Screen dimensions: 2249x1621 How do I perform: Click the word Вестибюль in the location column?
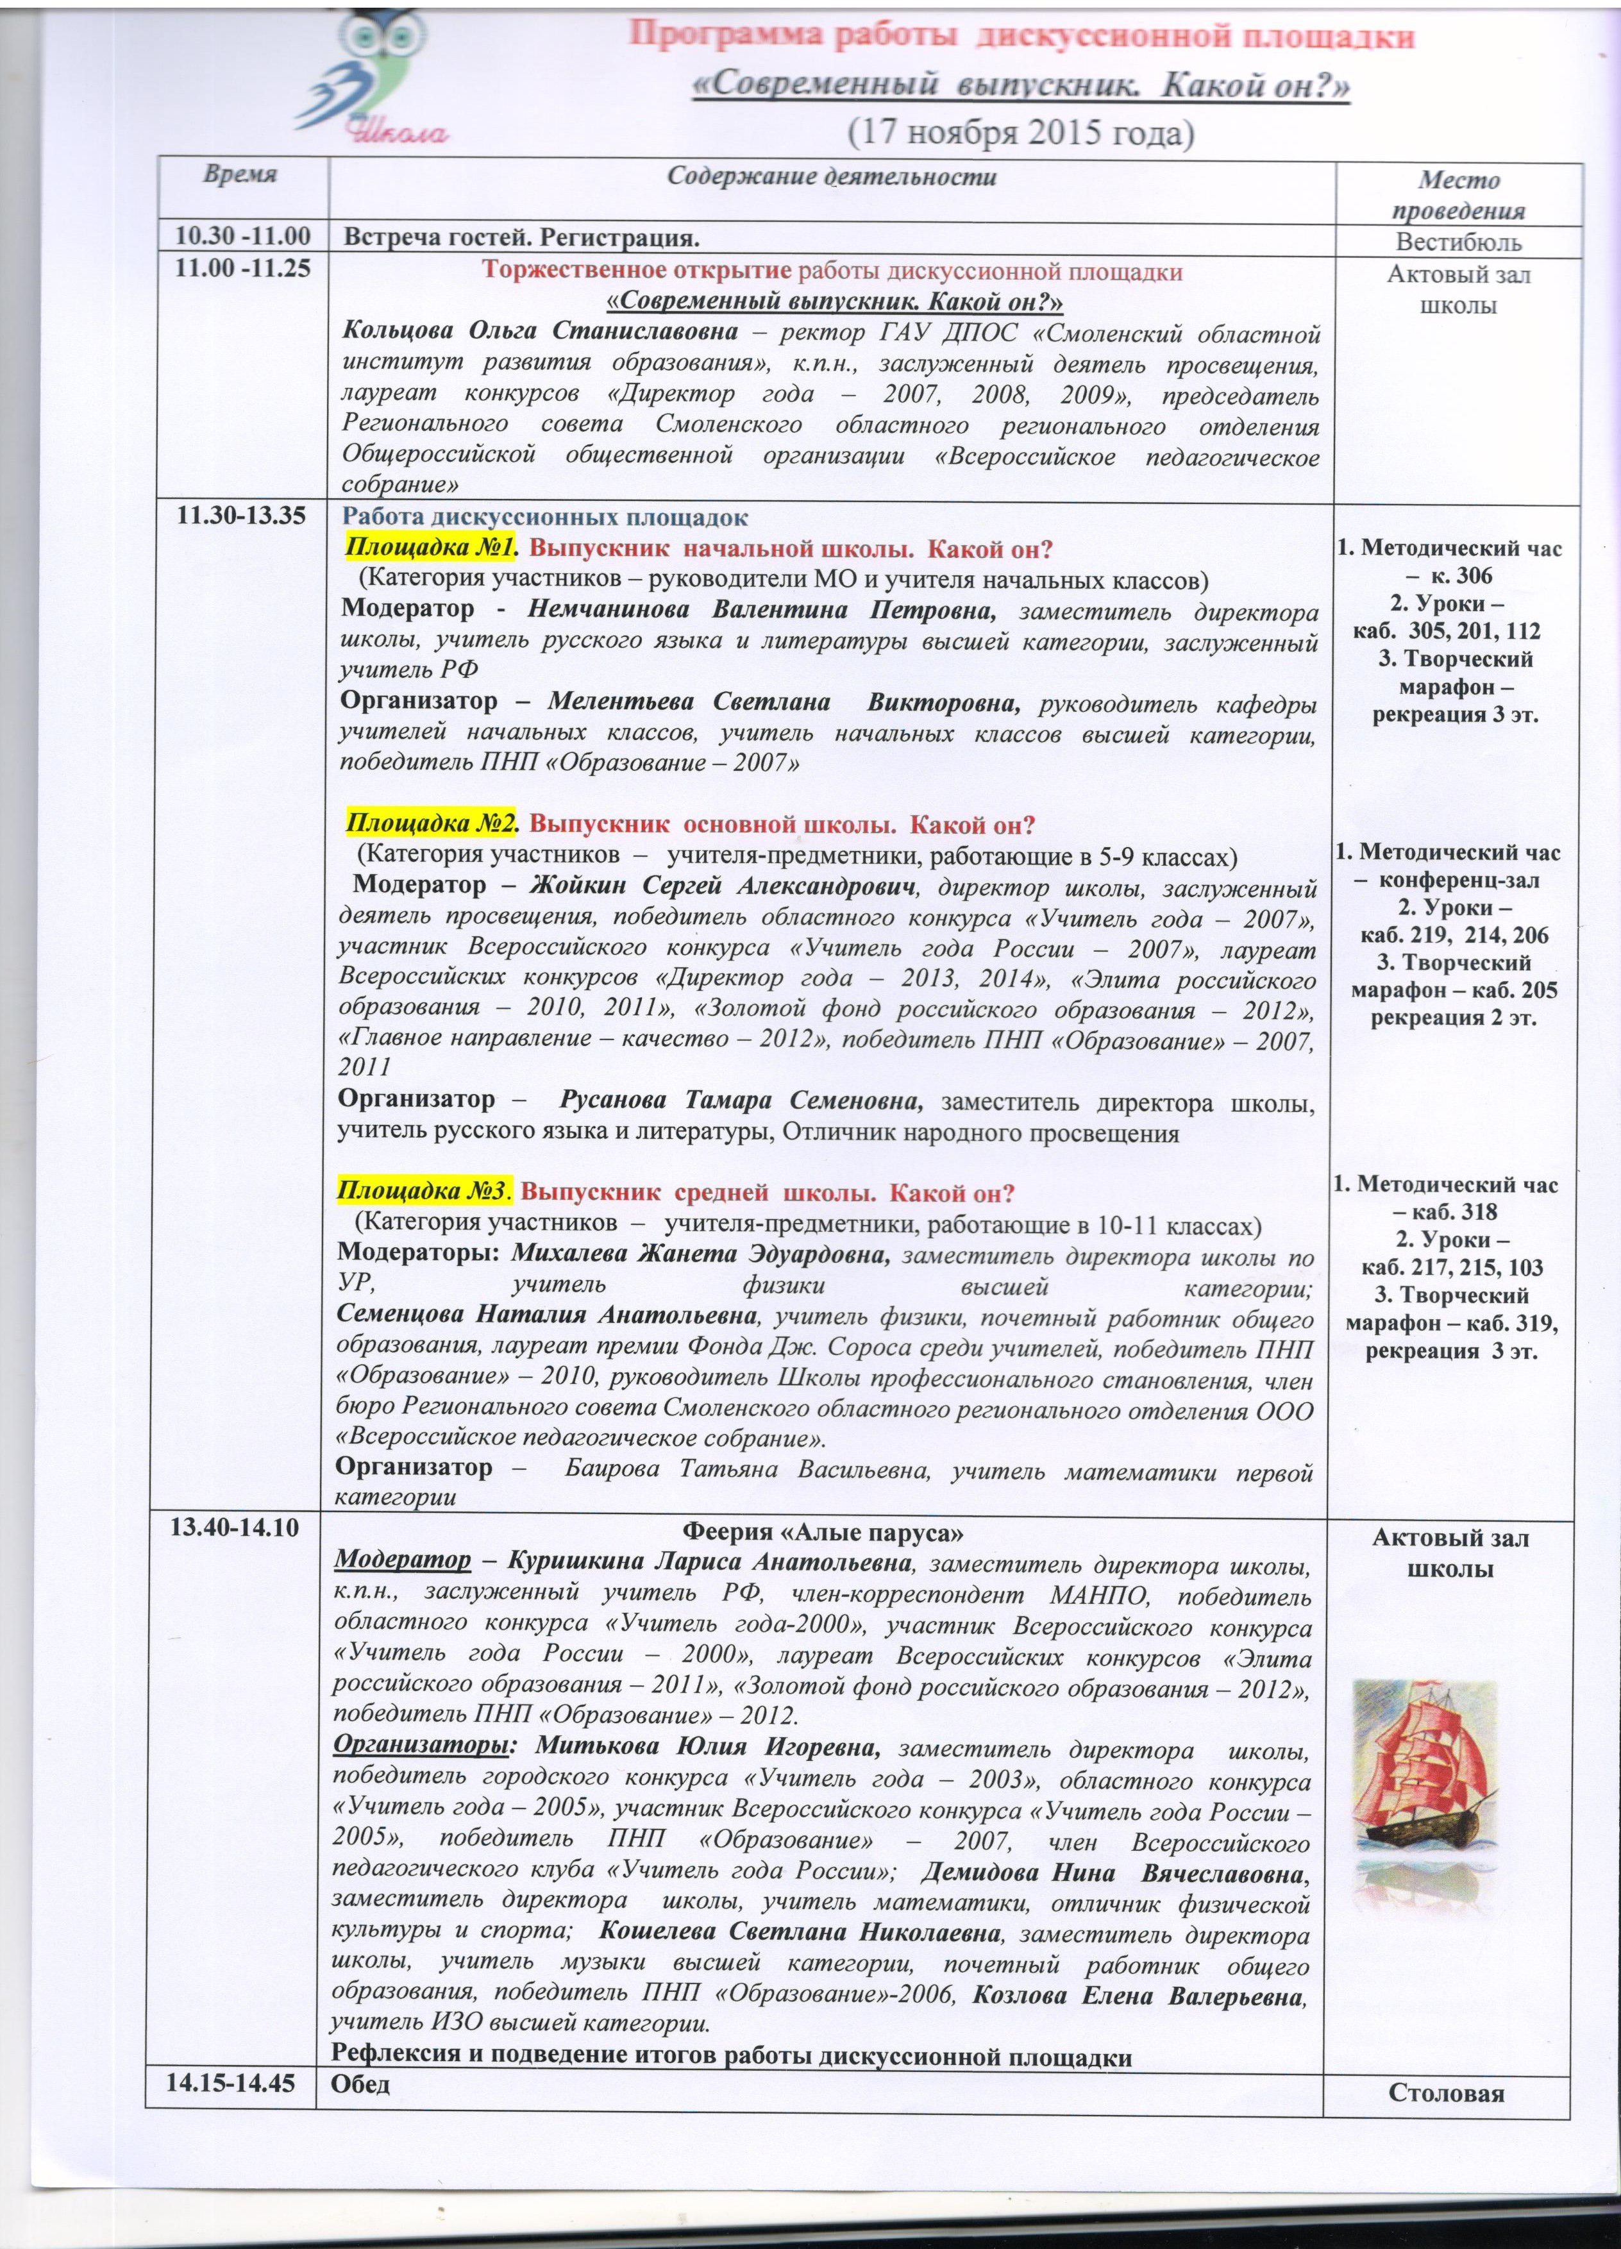point(1457,242)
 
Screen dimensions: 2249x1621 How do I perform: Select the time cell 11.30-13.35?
point(241,517)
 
